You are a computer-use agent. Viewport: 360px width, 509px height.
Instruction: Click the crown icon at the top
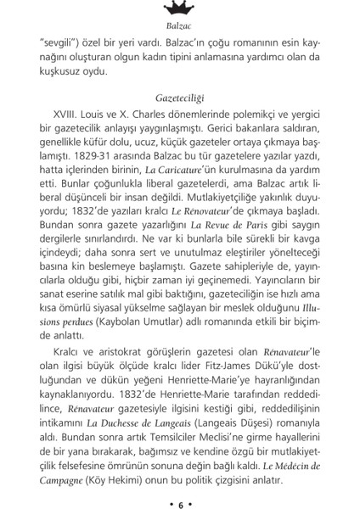(179, 10)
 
